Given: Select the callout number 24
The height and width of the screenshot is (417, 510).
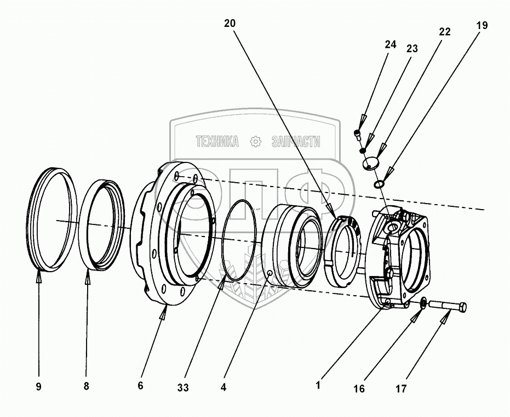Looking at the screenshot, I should point(390,45).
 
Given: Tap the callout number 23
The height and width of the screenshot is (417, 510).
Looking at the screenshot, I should point(411,49).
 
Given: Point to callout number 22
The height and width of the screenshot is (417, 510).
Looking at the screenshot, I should point(444,32).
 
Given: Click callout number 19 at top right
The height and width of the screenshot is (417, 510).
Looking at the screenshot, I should point(482,25).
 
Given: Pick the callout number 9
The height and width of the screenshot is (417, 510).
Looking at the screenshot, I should point(38,387).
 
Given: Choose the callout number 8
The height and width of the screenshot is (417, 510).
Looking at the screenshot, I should point(86,386).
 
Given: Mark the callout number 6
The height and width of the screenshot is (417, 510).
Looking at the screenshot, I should point(140,386).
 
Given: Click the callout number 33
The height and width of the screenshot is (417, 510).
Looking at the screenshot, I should point(183,387).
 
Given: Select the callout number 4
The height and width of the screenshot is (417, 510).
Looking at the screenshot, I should point(223,387).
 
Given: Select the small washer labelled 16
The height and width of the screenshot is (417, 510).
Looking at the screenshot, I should point(423,303).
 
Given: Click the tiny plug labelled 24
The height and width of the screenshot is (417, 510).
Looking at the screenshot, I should point(358,133).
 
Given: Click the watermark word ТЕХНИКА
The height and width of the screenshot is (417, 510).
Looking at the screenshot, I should point(217,142).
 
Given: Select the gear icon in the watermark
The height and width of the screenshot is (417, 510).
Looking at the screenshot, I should point(255,142).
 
